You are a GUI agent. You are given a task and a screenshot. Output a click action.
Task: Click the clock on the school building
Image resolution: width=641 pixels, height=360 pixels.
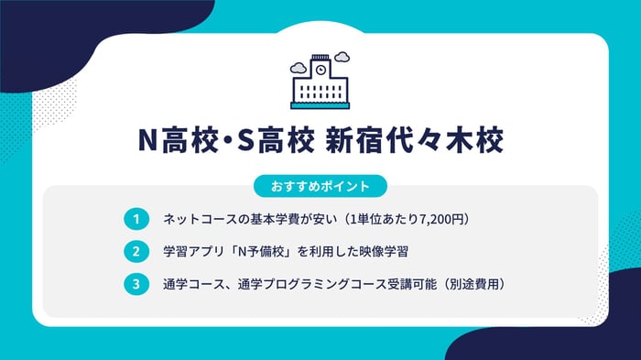[x=320, y=70]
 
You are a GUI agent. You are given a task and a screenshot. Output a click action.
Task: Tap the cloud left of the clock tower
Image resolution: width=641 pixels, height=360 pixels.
[x=299, y=67]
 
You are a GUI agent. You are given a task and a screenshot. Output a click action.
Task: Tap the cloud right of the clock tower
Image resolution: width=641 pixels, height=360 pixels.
[x=342, y=58]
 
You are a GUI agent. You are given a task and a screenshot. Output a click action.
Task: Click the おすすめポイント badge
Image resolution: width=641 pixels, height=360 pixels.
[x=320, y=186]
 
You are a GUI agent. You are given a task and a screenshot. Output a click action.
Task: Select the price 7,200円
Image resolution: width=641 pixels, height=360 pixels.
[x=443, y=220]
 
